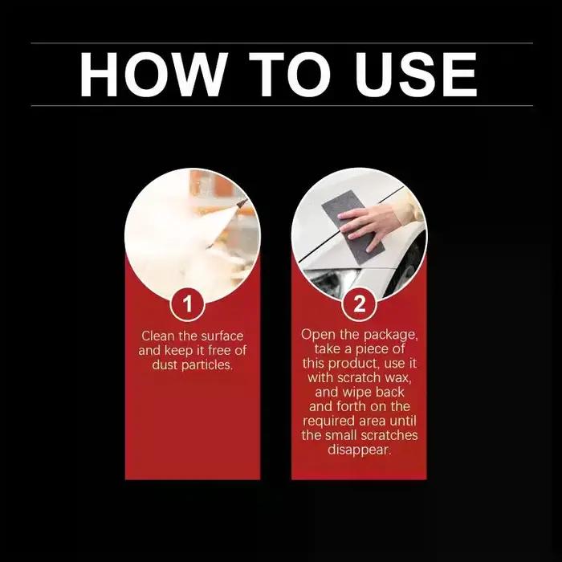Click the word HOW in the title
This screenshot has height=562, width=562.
tap(153, 74)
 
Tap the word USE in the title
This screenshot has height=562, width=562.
tap(416, 74)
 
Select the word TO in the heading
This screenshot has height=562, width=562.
tap(290, 74)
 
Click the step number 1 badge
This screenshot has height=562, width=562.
tap(187, 304)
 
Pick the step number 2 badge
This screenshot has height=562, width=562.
tap(359, 304)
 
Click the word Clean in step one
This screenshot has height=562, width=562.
tap(157, 336)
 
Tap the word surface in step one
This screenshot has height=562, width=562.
tap(222, 336)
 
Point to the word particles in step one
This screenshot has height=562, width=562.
tap(211, 365)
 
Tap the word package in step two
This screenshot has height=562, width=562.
tap(391, 336)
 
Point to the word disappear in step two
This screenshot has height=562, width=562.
tap(359, 450)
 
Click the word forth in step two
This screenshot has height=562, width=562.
tap(352, 406)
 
